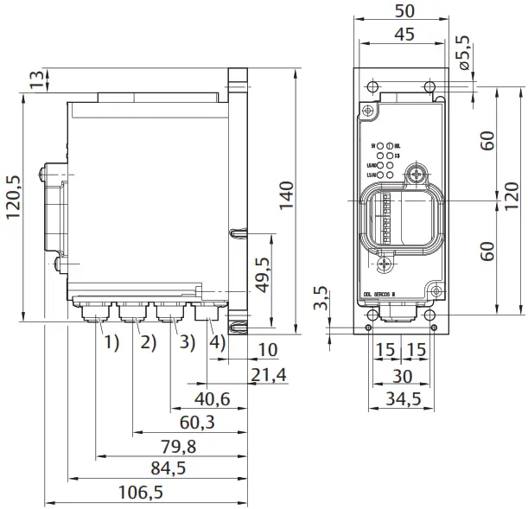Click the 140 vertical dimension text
287,196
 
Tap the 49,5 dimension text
263,276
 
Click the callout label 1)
111,341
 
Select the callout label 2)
148,341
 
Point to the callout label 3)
185,341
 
